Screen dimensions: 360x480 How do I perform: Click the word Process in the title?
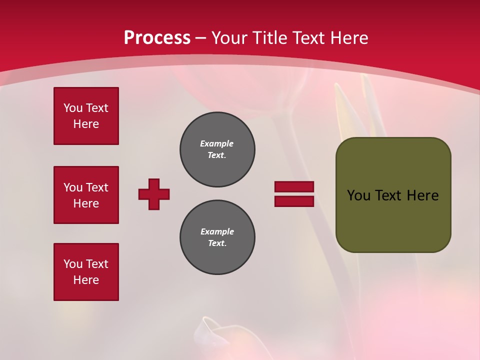click(x=157, y=38)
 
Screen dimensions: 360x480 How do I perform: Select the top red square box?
click(x=86, y=116)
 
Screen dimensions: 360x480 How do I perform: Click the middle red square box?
click(x=86, y=195)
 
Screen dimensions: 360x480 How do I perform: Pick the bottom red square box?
click(x=86, y=272)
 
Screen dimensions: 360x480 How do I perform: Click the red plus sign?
click(x=154, y=194)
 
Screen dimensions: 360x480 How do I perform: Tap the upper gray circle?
click(x=217, y=149)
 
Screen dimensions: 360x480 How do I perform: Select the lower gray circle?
click(x=217, y=237)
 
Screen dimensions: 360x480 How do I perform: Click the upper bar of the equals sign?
click(x=294, y=186)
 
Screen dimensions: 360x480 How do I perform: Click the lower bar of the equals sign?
click(x=294, y=201)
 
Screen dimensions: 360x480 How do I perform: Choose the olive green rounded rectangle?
click(x=393, y=195)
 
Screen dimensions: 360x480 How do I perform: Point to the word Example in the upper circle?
click(x=216, y=143)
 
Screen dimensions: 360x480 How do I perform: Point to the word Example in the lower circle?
click(x=217, y=231)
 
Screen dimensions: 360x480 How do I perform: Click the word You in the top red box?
click(x=72, y=108)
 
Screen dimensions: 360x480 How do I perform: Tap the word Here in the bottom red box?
click(x=86, y=280)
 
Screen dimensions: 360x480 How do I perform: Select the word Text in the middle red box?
click(x=96, y=187)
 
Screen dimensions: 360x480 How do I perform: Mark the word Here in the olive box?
click(x=422, y=195)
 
